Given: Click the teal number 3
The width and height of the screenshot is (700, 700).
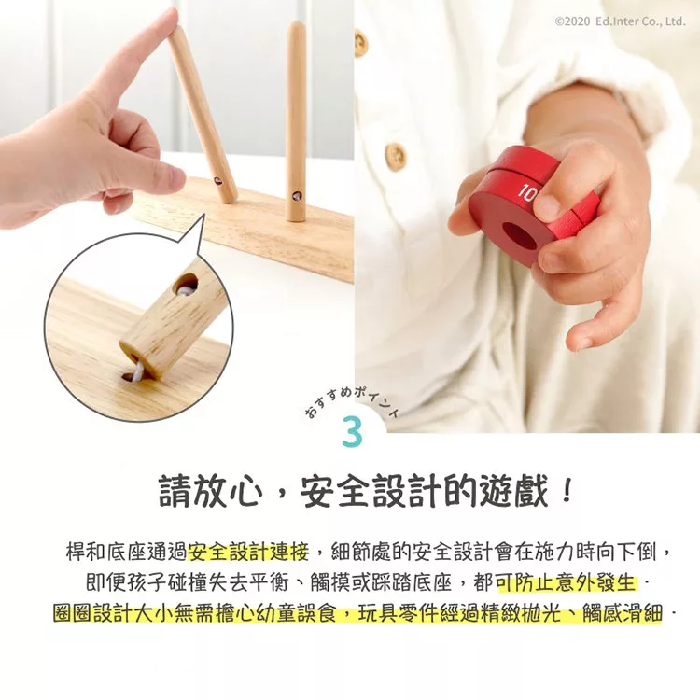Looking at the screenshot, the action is (351, 432).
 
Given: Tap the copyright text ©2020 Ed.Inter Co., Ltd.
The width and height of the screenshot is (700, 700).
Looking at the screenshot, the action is (620, 21).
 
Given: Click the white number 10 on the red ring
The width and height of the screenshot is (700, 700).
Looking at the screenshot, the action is (526, 193).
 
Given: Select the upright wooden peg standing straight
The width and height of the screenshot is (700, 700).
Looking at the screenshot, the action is (296, 120).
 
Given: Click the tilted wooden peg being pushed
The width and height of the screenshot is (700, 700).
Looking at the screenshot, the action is (203, 114).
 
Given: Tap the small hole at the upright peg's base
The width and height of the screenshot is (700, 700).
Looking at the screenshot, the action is (297, 196).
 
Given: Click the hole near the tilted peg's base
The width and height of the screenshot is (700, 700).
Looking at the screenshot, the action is (217, 181).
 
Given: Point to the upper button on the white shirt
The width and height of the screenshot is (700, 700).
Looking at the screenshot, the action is (360, 43).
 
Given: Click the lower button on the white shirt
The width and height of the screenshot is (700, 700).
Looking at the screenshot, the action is (395, 156).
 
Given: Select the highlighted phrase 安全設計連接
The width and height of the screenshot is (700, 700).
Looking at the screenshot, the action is (248, 553).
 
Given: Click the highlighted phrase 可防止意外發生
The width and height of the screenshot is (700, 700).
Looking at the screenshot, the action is (566, 582).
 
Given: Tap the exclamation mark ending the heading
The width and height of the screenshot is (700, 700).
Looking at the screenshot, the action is (567, 491).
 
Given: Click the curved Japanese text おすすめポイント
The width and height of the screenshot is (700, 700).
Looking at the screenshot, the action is (351, 400).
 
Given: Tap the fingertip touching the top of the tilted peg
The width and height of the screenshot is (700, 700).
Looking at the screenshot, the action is (172, 21).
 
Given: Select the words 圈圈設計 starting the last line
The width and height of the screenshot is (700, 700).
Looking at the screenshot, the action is (92, 613).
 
